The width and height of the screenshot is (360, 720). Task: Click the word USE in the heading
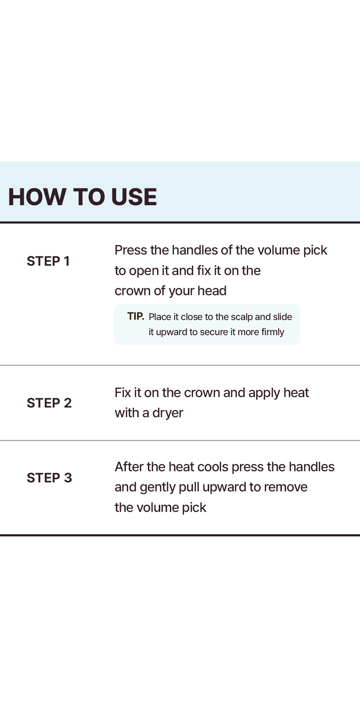click(x=134, y=197)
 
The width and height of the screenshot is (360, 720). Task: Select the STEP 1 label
click(x=48, y=261)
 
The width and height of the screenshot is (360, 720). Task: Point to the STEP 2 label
click(x=49, y=403)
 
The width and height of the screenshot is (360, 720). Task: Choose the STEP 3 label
click(x=49, y=478)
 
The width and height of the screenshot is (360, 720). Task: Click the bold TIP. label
click(x=136, y=316)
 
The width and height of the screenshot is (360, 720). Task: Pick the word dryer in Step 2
click(x=168, y=413)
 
